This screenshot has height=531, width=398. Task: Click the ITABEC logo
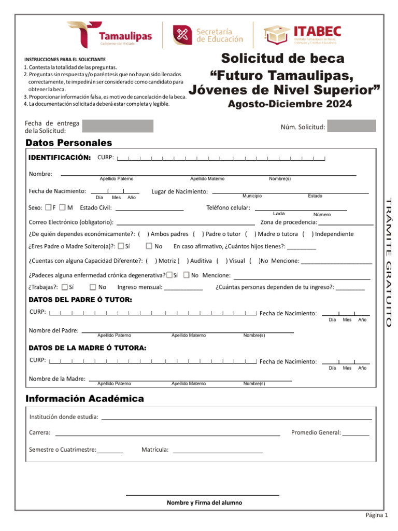(x=300, y=35)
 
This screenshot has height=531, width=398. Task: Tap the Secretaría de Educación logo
(x=208, y=35)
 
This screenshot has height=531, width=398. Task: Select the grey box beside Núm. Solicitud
(x=352, y=126)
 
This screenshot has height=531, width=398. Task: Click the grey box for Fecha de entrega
(x=118, y=126)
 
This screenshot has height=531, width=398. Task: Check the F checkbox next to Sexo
(x=48, y=207)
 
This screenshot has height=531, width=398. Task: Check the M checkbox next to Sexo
(x=62, y=207)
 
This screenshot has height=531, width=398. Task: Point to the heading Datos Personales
(x=68, y=143)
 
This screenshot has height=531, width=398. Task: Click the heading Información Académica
(x=84, y=398)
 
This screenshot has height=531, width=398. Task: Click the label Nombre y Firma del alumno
(x=204, y=502)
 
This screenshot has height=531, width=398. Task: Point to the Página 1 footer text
(x=377, y=515)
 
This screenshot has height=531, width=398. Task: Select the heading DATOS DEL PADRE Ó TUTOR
(x=80, y=300)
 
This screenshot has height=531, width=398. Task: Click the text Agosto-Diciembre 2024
(x=290, y=104)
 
